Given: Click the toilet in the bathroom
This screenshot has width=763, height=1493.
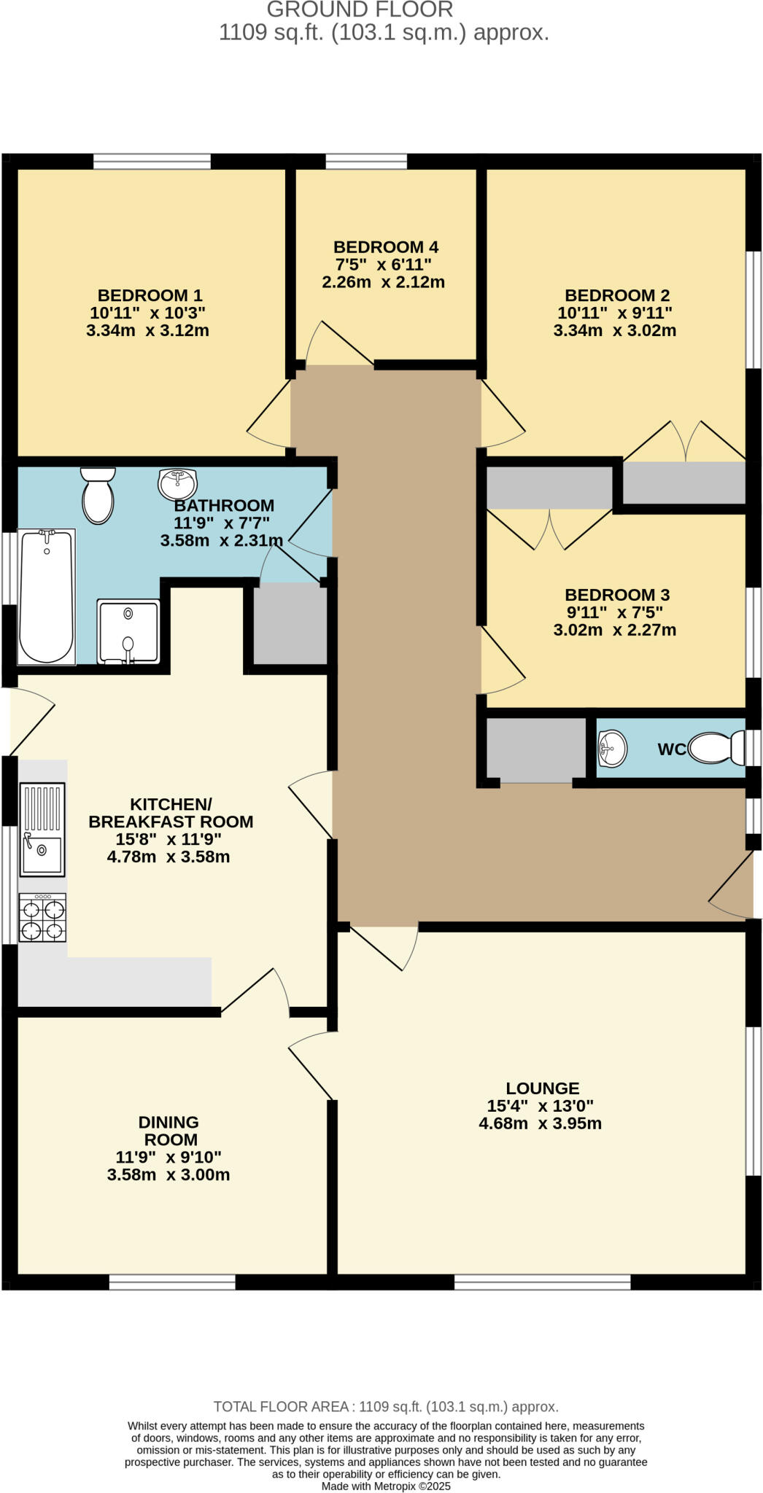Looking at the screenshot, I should [98, 496].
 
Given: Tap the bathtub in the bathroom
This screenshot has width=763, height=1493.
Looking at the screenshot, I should [46, 597].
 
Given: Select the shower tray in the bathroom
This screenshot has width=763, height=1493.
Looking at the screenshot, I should [128, 631].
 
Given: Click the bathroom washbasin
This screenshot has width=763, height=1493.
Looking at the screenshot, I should [177, 483].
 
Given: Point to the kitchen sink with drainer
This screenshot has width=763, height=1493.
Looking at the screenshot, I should [42, 829].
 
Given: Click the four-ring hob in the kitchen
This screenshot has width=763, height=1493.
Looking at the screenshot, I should [42, 919].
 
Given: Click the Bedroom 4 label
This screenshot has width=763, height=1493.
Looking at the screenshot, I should [386, 247].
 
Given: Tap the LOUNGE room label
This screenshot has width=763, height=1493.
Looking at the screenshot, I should [542, 1088].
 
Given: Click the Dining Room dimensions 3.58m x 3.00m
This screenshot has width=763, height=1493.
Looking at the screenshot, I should [169, 1174].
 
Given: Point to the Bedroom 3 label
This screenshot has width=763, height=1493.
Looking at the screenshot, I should [617, 595].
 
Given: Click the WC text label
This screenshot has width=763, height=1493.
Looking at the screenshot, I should [671, 749].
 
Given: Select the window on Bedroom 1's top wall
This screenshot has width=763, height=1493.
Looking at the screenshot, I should [152, 161].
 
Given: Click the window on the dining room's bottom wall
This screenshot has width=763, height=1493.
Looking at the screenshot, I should [172, 1282].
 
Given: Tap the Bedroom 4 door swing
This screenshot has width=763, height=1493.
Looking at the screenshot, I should [338, 343].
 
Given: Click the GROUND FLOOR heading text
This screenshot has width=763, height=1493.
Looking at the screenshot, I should [360, 10].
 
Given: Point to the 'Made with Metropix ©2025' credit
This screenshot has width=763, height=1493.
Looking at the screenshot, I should [386, 1486].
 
